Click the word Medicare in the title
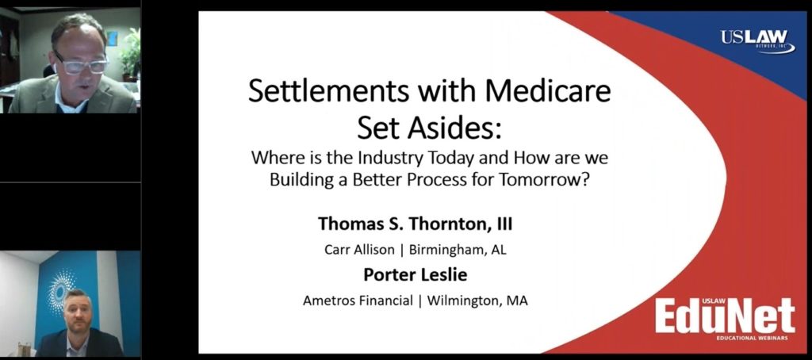coord(549,91)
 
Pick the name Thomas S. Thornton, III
coord(416,224)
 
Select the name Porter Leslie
coord(416,274)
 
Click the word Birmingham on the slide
coord(447,250)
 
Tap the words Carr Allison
coord(359,249)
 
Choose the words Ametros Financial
coord(358,301)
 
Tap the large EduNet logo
coord(725,316)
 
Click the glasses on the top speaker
coord(82,65)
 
